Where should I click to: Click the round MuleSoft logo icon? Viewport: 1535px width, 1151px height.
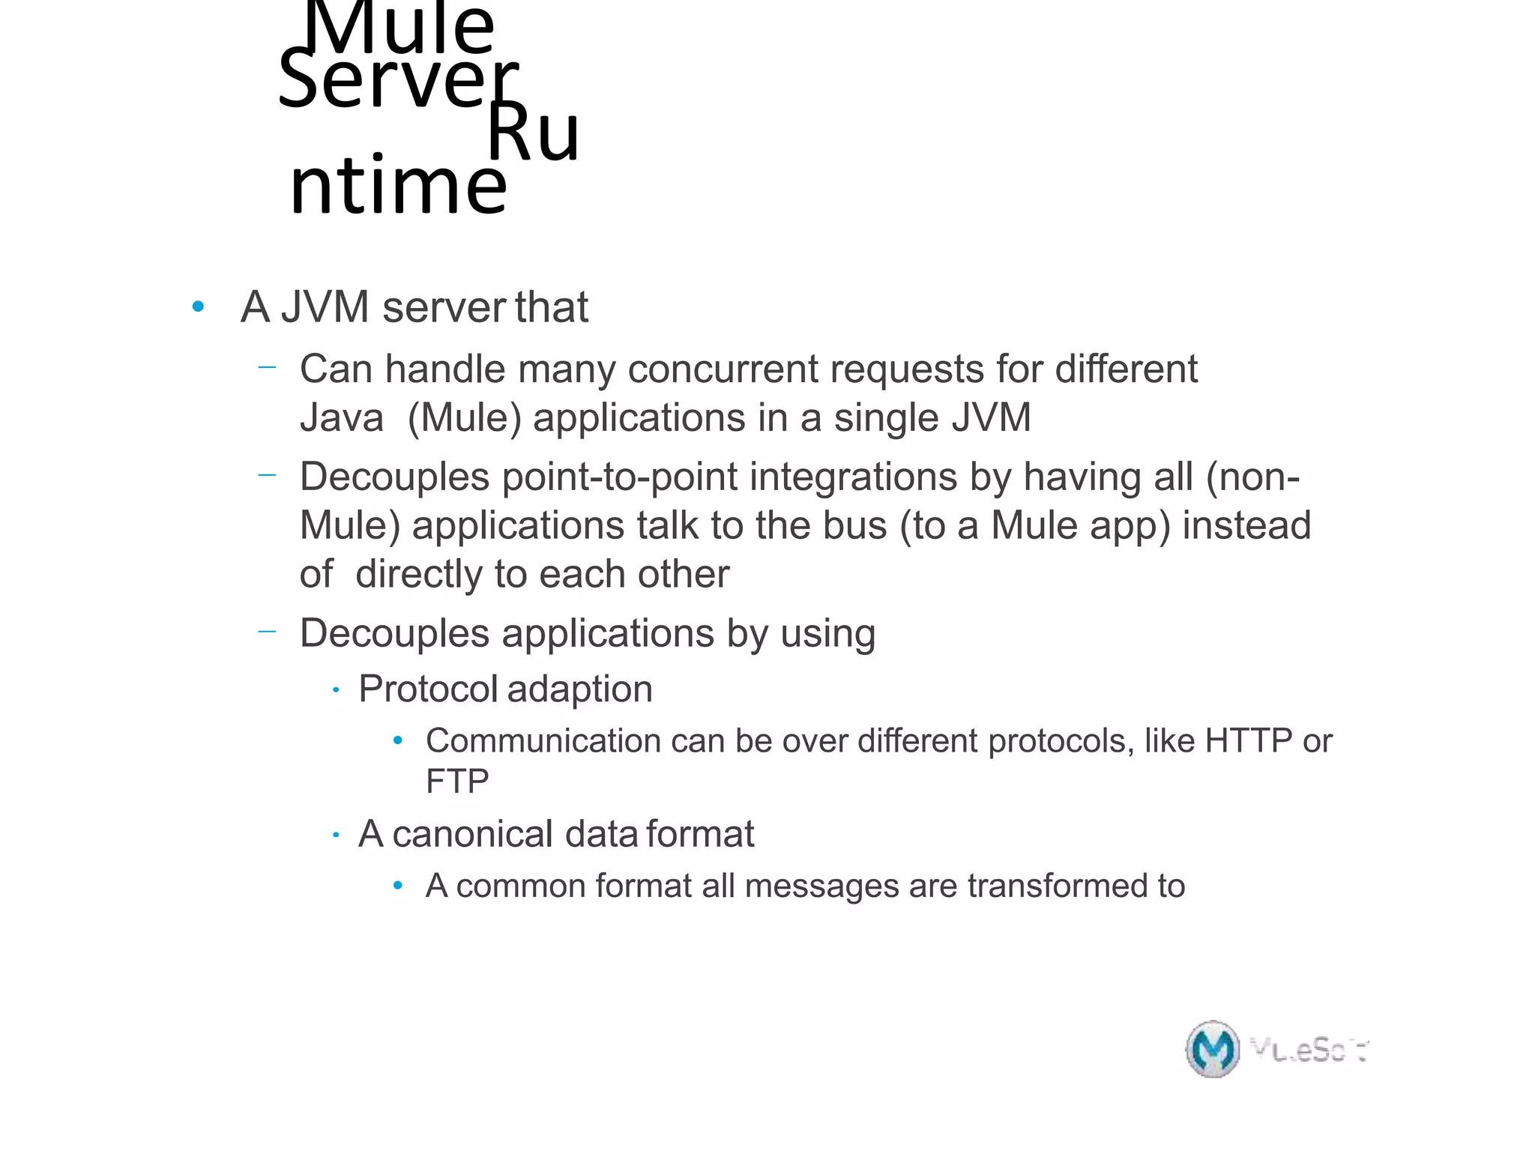(x=1212, y=1049)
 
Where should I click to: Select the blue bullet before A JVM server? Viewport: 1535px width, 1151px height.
(x=198, y=306)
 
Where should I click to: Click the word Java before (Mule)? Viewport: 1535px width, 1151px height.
(x=341, y=417)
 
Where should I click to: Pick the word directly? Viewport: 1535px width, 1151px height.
(x=418, y=574)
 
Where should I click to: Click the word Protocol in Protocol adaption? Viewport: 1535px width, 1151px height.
(x=428, y=689)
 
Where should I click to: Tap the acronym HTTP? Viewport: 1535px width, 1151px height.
(x=1248, y=741)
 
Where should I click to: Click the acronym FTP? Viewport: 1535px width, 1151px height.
(x=457, y=782)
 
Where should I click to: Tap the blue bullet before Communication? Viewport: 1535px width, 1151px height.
(x=398, y=741)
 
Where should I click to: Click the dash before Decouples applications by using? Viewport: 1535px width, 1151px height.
(x=267, y=632)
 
